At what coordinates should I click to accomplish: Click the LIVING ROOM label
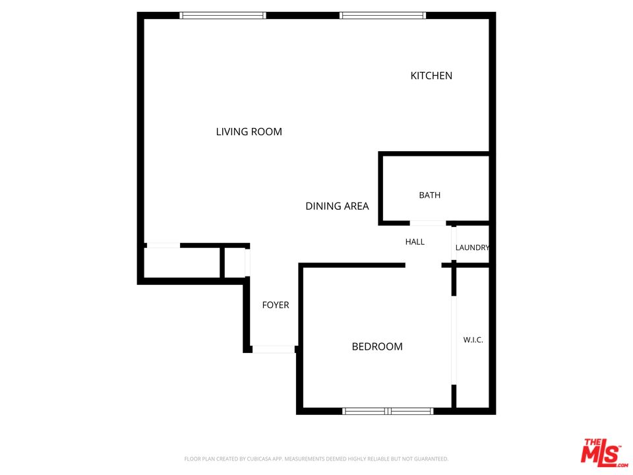[x=249, y=132]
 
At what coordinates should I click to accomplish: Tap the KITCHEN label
[x=431, y=75]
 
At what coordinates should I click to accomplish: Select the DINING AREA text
[x=337, y=206]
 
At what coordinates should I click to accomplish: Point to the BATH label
[x=429, y=195]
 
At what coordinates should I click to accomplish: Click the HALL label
[x=415, y=241]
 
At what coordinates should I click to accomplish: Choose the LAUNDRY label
[x=472, y=247]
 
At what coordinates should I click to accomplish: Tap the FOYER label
[x=276, y=305]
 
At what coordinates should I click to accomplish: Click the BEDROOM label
[x=377, y=346]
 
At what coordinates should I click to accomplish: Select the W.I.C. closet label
[x=473, y=340]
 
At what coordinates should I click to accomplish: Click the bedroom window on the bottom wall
[x=388, y=411]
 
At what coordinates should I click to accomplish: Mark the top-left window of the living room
[x=223, y=15]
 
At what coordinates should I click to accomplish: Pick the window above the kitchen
[x=382, y=15]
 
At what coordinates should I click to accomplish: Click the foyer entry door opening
[x=274, y=349]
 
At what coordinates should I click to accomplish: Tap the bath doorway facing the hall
[x=428, y=223]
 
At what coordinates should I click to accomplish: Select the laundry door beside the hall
[x=454, y=243]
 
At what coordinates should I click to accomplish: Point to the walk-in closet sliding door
[x=454, y=340]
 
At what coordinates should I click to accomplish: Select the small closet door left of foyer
[x=247, y=263]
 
